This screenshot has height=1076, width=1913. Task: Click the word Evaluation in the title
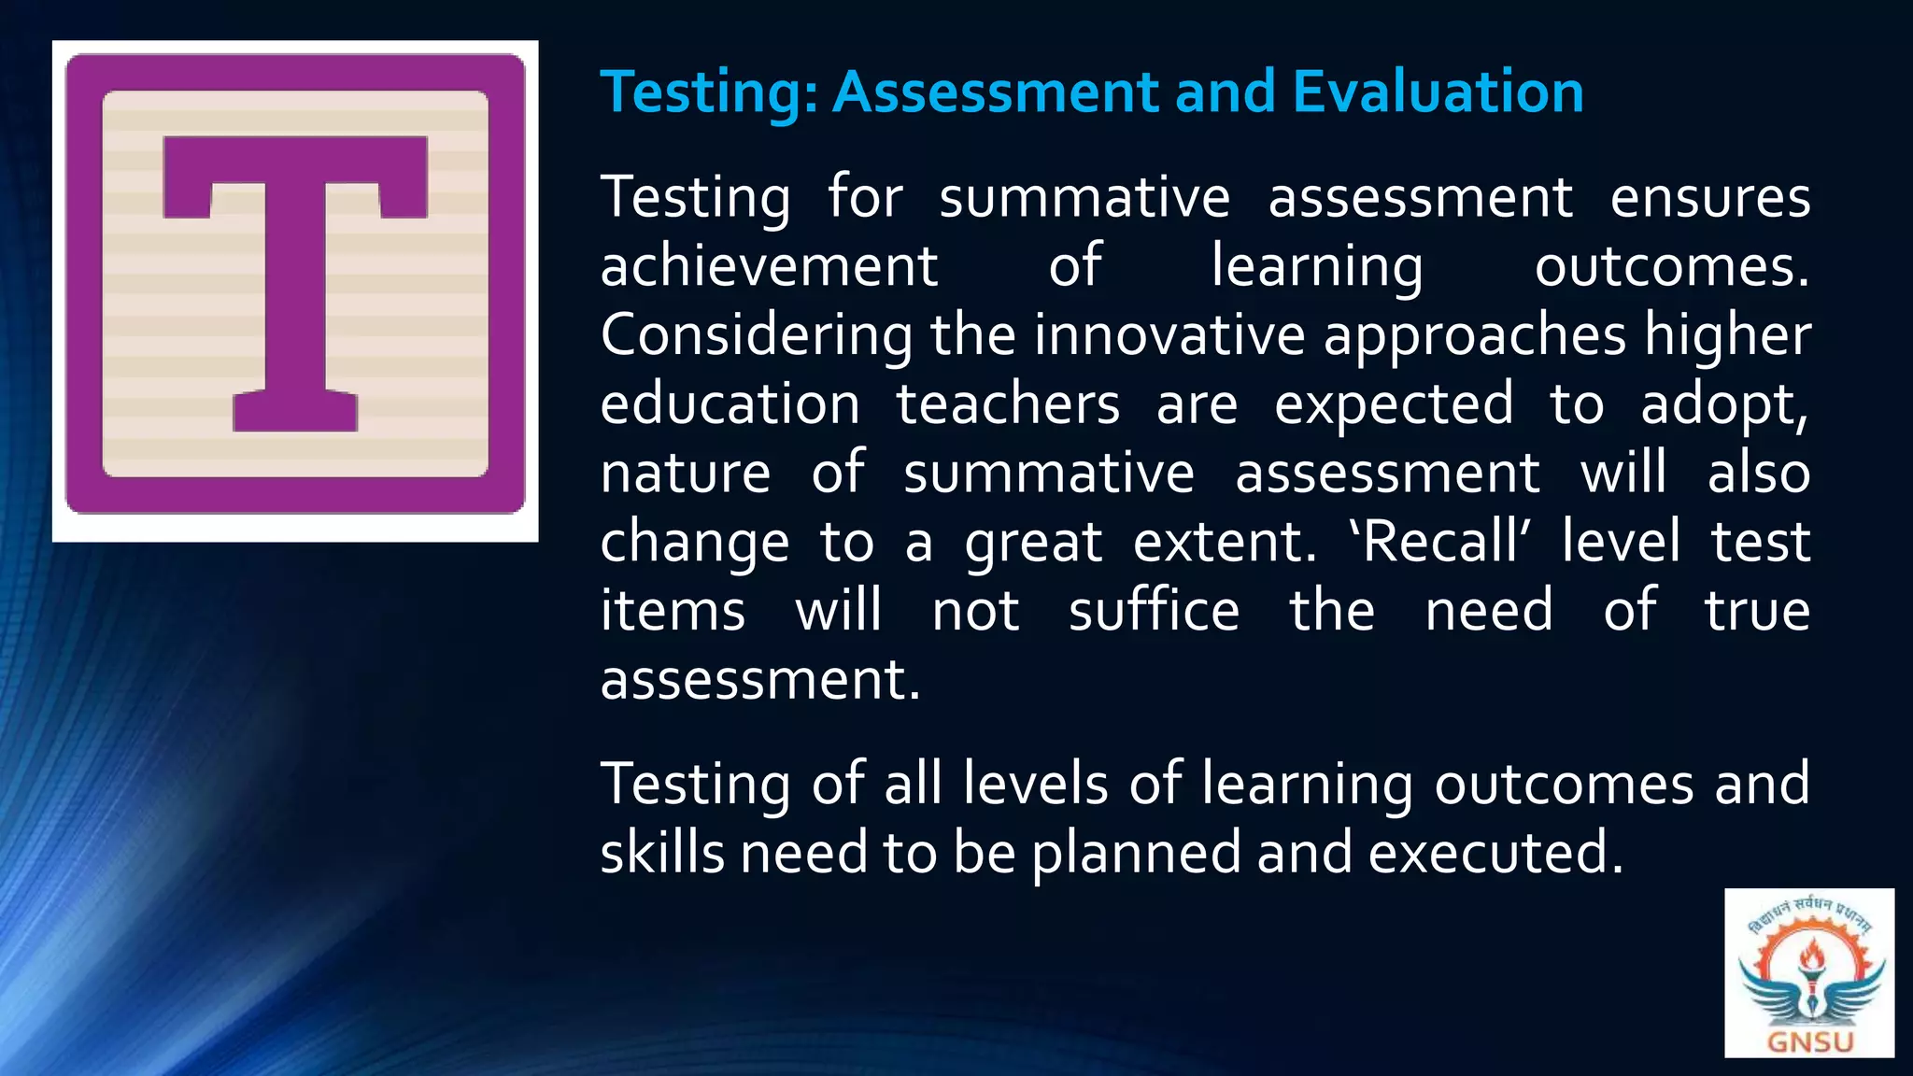point(1438,92)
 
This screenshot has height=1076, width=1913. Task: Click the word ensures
point(1709,198)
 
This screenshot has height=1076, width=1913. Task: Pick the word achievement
point(769,266)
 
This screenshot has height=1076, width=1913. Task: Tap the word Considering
point(757,335)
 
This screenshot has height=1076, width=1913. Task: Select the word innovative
point(1169,335)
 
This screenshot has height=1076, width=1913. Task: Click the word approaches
point(1475,335)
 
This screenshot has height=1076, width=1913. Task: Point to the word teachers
point(1008,404)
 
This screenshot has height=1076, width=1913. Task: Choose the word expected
point(1394,404)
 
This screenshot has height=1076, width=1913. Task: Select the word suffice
point(1154,611)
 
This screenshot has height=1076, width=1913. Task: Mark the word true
point(1757,611)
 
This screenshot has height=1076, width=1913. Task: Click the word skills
point(662,853)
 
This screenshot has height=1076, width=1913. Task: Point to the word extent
point(1222,542)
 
